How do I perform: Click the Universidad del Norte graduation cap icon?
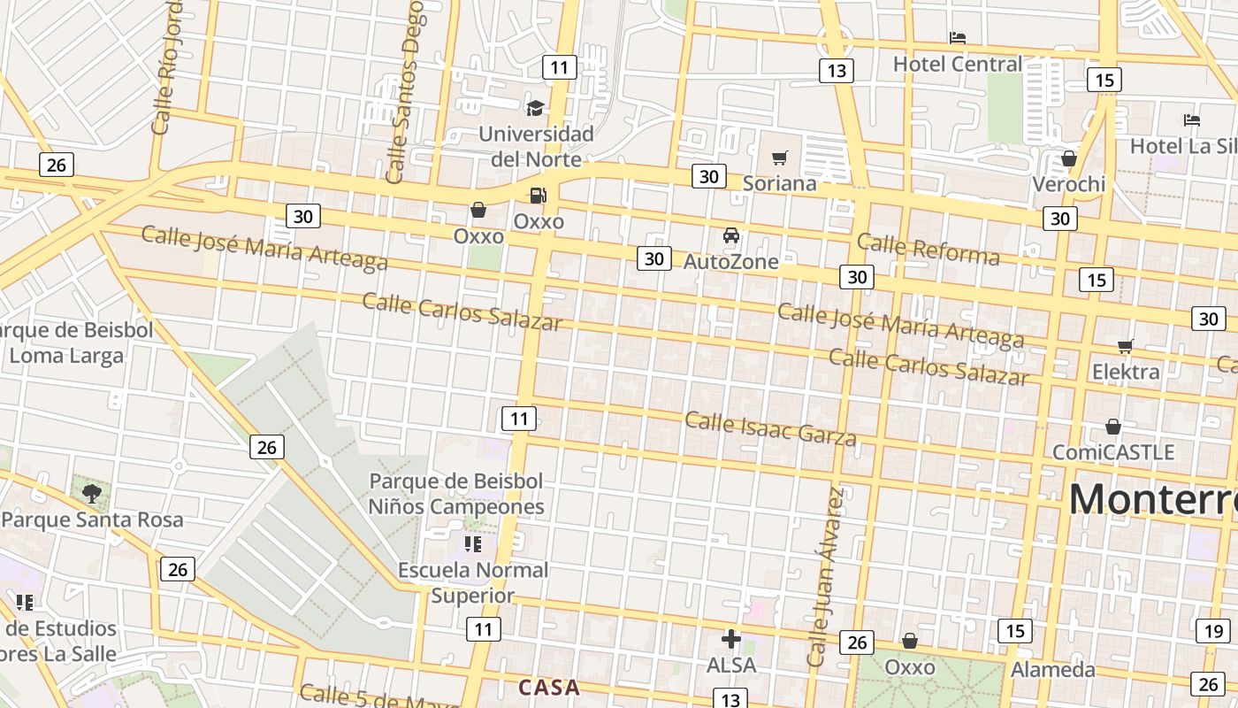pos(535,108)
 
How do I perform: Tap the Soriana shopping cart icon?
pos(779,158)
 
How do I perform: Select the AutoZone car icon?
pos(731,235)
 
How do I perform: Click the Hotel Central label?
pos(957,64)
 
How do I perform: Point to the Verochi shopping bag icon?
pos(1069,158)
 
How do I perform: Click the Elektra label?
pos(1126,372)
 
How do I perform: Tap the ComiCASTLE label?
pos(1112,452)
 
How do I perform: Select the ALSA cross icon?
pos(731,639)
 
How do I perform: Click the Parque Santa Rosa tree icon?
pos(92,493)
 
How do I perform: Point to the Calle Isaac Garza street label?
pos(770,429)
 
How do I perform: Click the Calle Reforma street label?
pos(928,250)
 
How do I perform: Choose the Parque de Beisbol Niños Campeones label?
pos(456,494)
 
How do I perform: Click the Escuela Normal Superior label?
pos(473,582)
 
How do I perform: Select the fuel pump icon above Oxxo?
pos(538,196)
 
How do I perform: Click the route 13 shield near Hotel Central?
pos(836,71)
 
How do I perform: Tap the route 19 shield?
pos(1212,631)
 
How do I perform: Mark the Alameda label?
pos(1052,669)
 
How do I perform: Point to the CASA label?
pos(549,688)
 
